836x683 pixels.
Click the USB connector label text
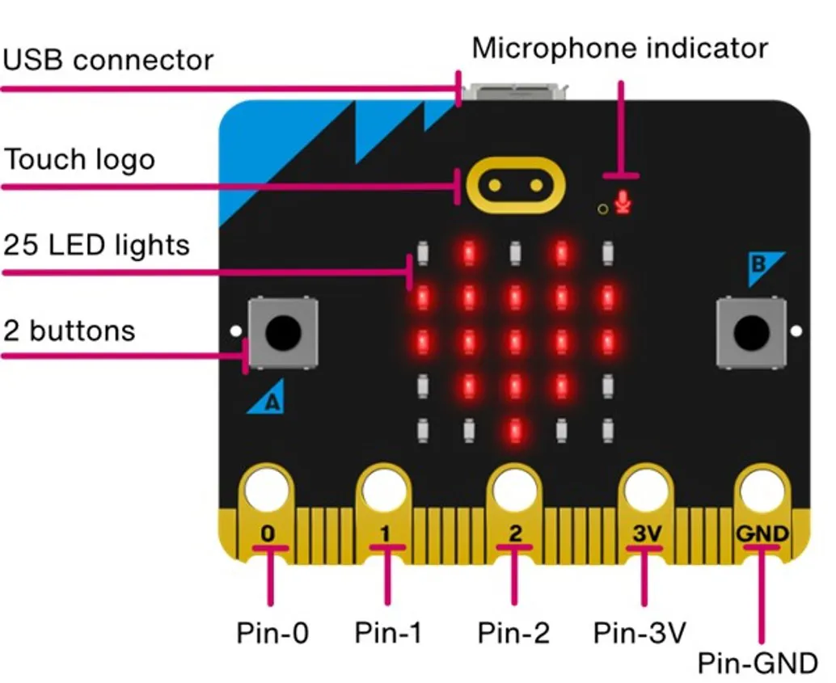(108, 61)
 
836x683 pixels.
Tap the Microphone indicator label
(619, 48)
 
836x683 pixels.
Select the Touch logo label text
(79, 159)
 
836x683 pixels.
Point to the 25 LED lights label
(97, 244)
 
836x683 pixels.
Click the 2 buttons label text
(70, 330)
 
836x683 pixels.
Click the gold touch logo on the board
(514, 185)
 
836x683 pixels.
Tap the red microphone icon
(622, 202)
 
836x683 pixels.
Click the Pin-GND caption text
(758, 664)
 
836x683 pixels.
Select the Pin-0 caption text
(272, 632)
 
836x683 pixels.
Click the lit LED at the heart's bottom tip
(514, 430)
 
